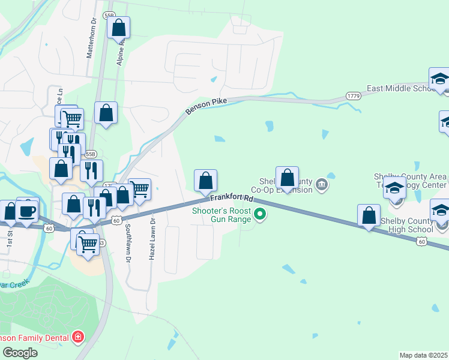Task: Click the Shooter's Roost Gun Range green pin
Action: click(x=260, y=214)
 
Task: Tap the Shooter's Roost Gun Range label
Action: click(x=220, y=215)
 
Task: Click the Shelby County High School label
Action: click(x=407, y=225)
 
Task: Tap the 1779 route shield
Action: click(x=352, y=96)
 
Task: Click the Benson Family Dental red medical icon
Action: click(x=77, y=337)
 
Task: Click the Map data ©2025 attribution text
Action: click(x=424, y=355)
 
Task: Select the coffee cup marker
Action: click(x=28, y=210)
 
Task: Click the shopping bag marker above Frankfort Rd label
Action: click(x=205, y=181)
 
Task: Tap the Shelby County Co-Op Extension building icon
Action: click(x=322, y=184)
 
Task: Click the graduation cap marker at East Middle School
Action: click(x=439, y=79)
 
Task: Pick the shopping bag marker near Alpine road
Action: click(x=119, y=28)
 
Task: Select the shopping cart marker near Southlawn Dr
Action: click(x=139, y=190)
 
